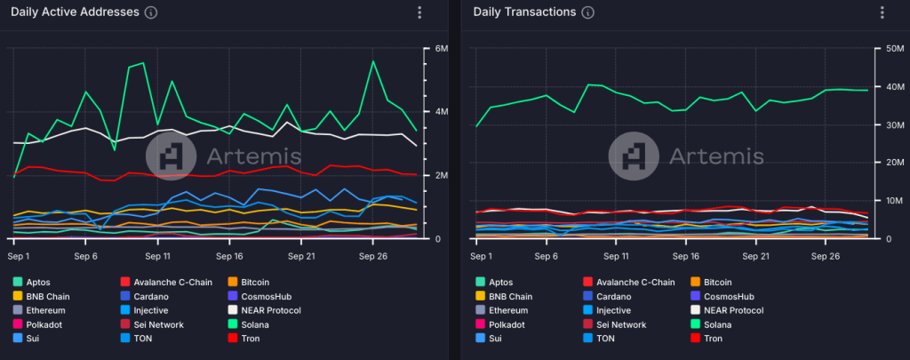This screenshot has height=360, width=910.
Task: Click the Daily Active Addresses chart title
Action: coord(75,12)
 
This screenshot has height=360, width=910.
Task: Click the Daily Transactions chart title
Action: coord(523,12)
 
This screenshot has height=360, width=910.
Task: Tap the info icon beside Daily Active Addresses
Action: coord(150,12)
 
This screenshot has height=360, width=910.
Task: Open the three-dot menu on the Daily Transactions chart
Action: coord(882,12)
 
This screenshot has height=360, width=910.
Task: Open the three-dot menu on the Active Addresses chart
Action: coord(419,12)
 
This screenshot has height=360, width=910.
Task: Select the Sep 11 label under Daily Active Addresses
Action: coord(156,255)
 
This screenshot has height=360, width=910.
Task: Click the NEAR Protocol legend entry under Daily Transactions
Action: coord(728,310)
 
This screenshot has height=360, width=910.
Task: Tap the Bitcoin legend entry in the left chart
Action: coord(263,282)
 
